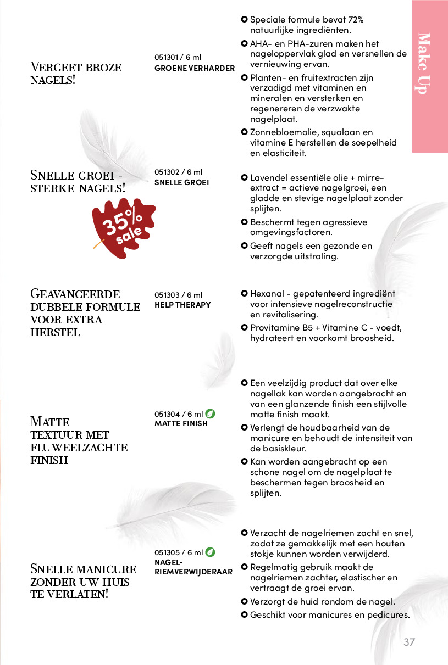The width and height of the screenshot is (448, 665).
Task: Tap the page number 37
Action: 409,642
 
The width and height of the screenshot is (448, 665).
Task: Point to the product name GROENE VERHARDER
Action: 195,68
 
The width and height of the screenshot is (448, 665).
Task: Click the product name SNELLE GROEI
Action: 181,182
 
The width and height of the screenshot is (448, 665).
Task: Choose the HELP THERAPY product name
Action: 182,305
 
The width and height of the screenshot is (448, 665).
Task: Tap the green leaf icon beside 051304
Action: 210,413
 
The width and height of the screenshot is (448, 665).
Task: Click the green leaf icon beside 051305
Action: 210,552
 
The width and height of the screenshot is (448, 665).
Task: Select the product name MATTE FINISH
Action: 181,423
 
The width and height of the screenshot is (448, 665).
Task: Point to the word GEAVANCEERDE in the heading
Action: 75,294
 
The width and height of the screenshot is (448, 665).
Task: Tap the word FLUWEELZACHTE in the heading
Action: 79,448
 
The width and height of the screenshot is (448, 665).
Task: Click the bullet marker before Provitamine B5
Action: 244,328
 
